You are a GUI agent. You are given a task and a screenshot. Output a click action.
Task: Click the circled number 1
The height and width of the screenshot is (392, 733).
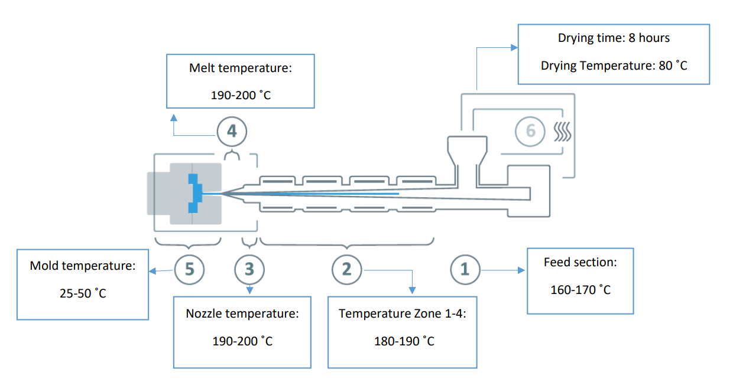[x=465, y=269]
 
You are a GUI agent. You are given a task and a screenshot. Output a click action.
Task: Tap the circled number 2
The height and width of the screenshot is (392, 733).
[x=346, y=269]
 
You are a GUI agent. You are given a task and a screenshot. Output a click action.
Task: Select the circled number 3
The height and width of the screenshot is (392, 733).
[x=249, y=269]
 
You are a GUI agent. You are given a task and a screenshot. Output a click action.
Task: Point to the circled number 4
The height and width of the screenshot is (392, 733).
[x=232, y=131]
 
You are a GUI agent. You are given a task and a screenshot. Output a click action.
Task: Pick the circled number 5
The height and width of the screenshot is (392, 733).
[x=189, y=269]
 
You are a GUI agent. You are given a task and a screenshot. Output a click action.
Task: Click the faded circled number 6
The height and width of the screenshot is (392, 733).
[x=530, y=130]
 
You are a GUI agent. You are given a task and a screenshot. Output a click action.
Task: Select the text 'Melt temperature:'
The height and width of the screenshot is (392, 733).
[x=241, y=68]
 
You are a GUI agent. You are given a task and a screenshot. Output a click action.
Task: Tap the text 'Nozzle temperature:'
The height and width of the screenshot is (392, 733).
[x=242, y=313]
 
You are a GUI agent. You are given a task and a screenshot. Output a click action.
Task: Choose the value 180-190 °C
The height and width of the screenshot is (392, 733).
[x=403, y=341]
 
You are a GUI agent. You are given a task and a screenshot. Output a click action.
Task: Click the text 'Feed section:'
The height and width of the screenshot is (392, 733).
[x=580, y=262]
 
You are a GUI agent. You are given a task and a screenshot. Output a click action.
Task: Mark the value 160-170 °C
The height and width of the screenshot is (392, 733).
[x=580, y=289]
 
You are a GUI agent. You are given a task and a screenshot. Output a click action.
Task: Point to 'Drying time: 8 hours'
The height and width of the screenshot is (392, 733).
[x=614, y=38]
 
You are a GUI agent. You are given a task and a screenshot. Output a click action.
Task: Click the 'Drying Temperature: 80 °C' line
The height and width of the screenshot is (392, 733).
[x=614, y=65]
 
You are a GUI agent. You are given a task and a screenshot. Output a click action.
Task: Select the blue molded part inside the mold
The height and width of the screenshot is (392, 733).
[x=194, y=192]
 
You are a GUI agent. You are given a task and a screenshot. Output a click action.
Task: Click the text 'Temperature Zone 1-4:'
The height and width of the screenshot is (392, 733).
[x=403, y=313]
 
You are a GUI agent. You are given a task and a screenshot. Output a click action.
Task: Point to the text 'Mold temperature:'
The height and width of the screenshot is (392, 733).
[x=83, y=266]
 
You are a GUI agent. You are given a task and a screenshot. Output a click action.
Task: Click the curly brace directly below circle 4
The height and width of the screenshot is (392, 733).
[x=232, y=155]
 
